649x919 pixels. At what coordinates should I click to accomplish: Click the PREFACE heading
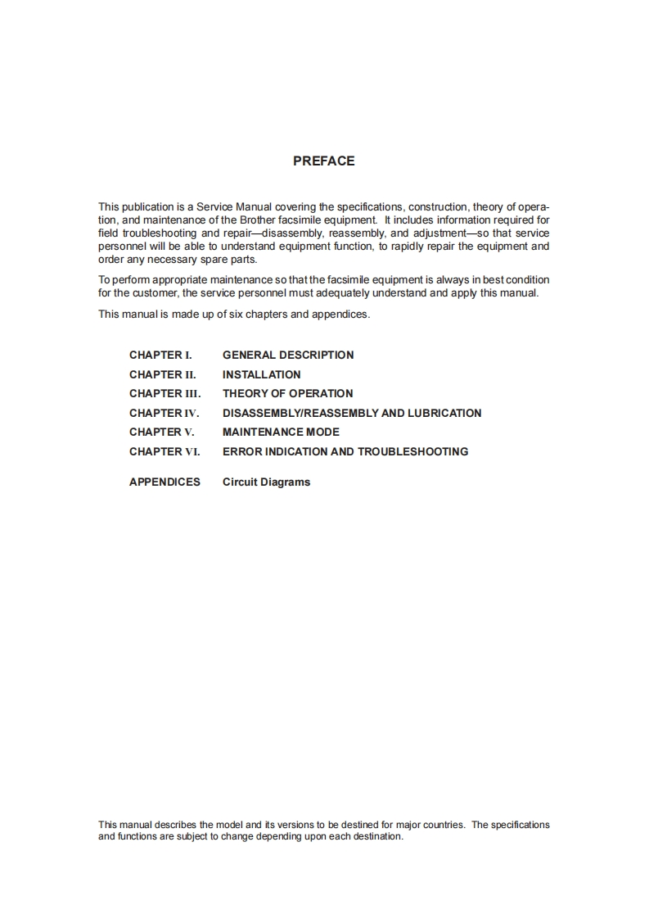pos(323,161)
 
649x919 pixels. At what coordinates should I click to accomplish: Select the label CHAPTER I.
pos(160,355)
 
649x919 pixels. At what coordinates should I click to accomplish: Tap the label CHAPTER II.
pos(162,374)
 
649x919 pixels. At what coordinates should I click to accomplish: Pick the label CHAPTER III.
pos(165,394)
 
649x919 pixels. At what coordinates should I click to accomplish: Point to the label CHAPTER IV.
pos(164,414)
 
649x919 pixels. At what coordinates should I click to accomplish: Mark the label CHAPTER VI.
pos(165,452)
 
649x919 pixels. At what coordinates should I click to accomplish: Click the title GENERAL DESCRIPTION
pos(288,355)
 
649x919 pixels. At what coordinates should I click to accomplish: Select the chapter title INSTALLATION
pos(261,374)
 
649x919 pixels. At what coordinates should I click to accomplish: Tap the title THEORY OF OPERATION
pos(287,394)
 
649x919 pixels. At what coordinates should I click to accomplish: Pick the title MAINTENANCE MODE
pos(281,432)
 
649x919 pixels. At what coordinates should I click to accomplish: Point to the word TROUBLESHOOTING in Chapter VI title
pos(412,452)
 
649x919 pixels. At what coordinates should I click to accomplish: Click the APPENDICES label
pos(165,482)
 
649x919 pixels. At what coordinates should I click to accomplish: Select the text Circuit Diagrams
pos(266,482)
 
